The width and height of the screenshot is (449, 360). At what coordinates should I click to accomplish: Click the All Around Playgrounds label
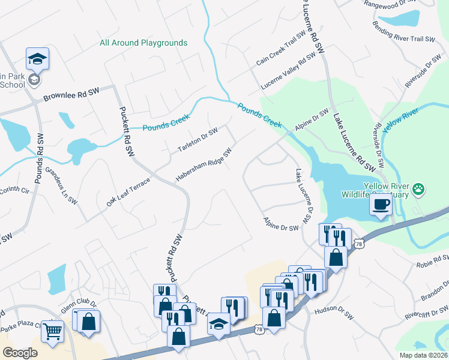coord(143,43)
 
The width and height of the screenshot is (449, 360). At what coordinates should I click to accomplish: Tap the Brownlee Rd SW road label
coord(71,95)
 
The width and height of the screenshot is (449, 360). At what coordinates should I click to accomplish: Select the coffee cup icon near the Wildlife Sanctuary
coord(381,205)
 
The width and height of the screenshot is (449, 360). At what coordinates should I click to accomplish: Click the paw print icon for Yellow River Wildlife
coord(418,190)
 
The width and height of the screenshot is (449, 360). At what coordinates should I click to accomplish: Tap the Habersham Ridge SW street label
coord(203,166)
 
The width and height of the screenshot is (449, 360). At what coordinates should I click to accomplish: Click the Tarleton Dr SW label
coord(197,140)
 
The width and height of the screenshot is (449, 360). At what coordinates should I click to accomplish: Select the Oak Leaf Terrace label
coord(128,192)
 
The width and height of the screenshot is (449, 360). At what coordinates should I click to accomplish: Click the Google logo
coord(20,353)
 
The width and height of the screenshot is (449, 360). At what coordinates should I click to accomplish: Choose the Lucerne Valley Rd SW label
coord(285,68)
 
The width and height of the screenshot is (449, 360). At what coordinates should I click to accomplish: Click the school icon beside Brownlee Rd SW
coord(37,59)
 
